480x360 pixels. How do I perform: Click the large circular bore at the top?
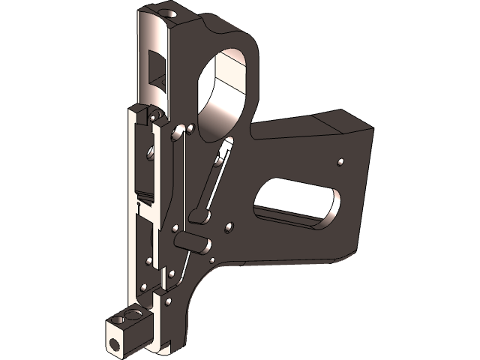[x=225, y=82]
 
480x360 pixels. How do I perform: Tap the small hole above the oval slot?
[x=341, y=161]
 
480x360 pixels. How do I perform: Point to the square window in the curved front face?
[x=157, y=67]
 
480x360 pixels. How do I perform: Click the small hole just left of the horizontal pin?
[x=175, y=229]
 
